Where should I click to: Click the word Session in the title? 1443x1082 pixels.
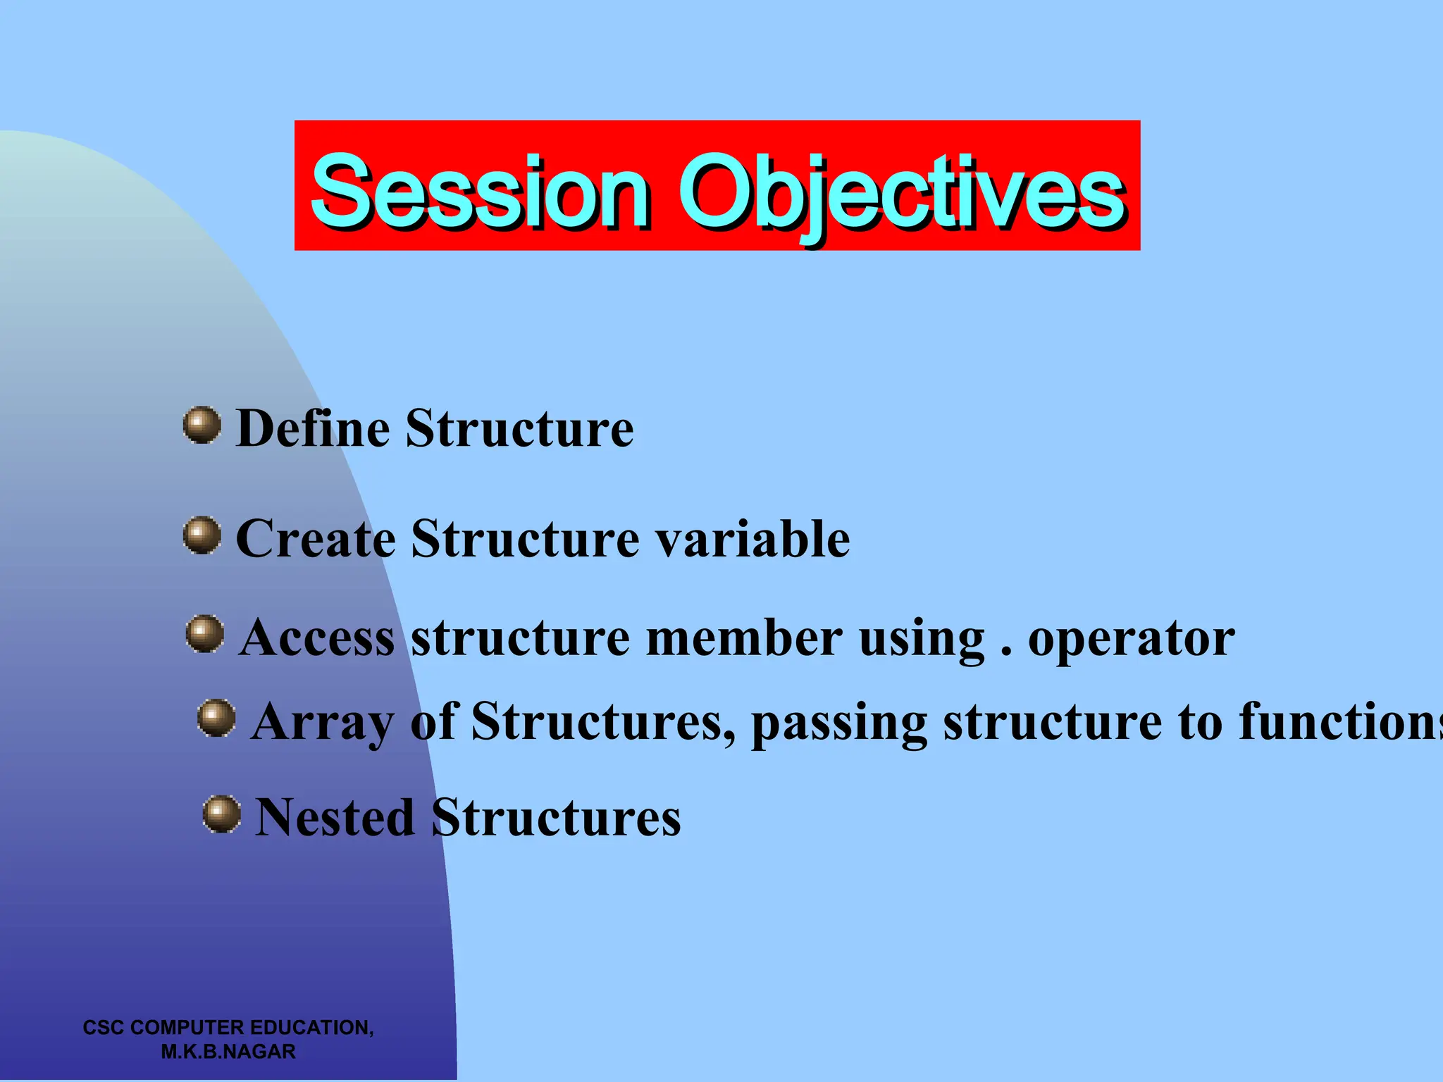pos(479,192)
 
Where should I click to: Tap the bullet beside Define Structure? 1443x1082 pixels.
pos(202,425)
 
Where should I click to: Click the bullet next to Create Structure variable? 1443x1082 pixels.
pos(202,535)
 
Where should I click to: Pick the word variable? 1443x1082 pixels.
pos(753,539)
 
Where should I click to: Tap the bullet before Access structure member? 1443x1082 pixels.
pos(205,633)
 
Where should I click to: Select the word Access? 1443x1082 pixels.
pos(316,638)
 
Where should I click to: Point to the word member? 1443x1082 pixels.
pos(743,638)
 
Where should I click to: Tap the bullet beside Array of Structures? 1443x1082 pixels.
pos(216,718)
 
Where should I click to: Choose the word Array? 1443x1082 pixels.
pos(323,723)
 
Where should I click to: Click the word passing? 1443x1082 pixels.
pos(838,723)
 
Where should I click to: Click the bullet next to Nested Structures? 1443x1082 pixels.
pos(222,814)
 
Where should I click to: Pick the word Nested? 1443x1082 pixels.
pos(334,818)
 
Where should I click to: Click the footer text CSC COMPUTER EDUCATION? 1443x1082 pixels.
pos(228,1027)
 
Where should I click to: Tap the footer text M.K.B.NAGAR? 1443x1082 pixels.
pos(228,1052)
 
